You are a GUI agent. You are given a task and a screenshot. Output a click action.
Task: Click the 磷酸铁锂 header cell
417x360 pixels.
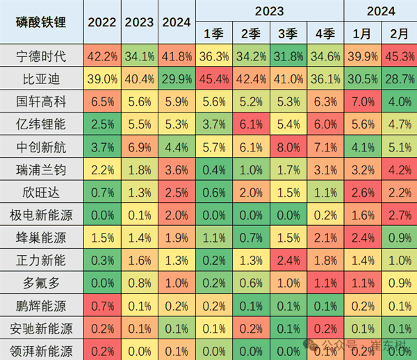coord(42,21)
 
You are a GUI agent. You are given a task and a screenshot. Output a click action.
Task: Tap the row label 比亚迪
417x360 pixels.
coord(42,79)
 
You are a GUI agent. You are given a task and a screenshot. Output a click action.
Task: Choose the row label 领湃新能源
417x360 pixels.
coord(42,350)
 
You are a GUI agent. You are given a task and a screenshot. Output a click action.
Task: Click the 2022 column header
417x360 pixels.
coord(102,21)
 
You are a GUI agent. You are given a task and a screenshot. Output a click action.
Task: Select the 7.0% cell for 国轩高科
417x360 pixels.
coord(363,101)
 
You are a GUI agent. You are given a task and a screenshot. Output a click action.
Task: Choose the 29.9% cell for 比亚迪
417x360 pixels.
coord(177,79)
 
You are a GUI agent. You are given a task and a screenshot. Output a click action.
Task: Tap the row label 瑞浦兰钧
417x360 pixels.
coord(42,169)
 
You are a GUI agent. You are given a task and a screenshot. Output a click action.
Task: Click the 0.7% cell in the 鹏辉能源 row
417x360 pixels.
coord(102,305)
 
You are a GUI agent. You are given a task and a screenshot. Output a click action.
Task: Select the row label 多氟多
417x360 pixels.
coord(42,282)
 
